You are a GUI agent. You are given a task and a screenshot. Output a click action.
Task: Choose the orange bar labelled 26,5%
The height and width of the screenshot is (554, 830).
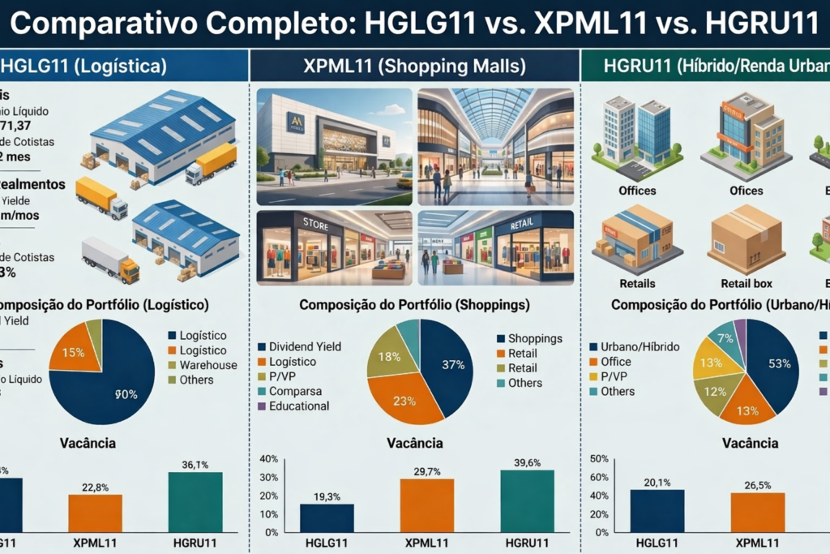pyautogui.click(x=757, y=512)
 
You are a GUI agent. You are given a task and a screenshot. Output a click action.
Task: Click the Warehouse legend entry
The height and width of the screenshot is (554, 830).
pyautogui.click(x=207, y=365)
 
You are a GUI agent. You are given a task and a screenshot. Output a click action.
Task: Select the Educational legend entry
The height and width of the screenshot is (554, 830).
pyautogui.click(x=299, y=406)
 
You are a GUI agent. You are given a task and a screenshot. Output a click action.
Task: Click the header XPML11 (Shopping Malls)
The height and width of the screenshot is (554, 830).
pyautogui.click(x=414, y=66)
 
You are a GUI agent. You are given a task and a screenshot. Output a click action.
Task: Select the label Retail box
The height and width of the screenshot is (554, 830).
pyautogui.click(x=746, y=284)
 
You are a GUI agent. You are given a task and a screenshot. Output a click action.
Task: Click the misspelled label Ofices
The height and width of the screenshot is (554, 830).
pyautogui.click(x=746, y=191)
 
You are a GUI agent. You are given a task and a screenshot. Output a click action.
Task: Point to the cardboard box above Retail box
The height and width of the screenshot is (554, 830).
pyautogui.click(x=745, y=238)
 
